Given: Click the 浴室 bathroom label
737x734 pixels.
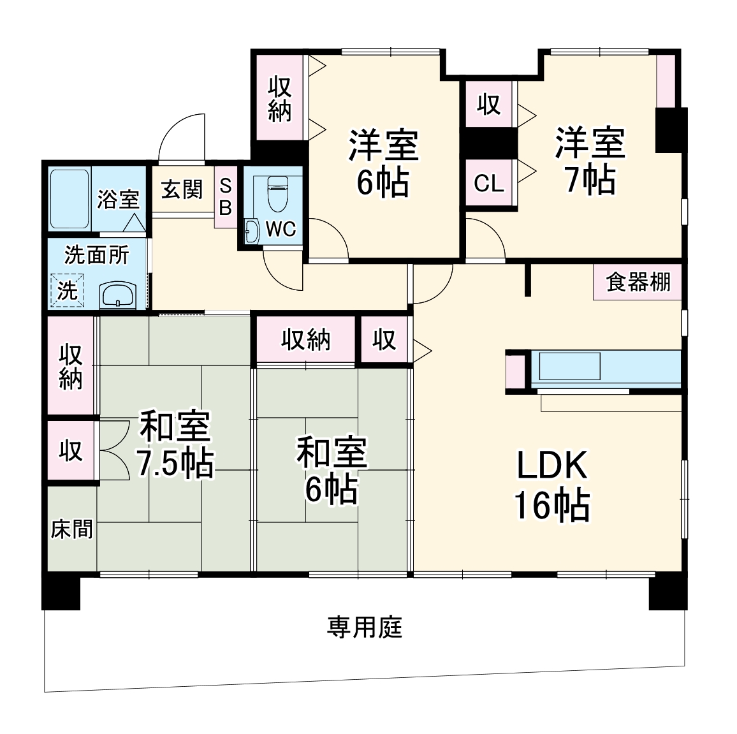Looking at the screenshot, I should (x=118, y=199).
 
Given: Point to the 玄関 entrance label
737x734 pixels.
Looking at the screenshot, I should (x=182, y=189).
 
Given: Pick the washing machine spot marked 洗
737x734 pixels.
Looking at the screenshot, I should (x=68, y=290).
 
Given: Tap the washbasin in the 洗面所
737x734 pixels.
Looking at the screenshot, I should (x=119, y=296).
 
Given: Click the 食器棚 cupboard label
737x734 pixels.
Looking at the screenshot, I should (x=638, y=282).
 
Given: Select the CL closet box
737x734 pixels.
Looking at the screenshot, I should (x=490, y=184).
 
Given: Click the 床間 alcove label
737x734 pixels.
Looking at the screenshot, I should (x=71, y=529).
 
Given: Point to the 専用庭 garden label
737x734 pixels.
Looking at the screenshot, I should (x=365, y=628).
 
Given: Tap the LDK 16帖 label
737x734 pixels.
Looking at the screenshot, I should (x=551, y=486).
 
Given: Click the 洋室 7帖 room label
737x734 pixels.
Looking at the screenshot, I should (x=590, y=161).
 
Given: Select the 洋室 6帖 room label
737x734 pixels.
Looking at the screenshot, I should (x=383, y=163).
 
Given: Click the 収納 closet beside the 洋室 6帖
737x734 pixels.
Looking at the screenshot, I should (x=279, y=98).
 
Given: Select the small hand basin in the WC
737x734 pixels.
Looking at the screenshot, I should (x=251, y=231).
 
